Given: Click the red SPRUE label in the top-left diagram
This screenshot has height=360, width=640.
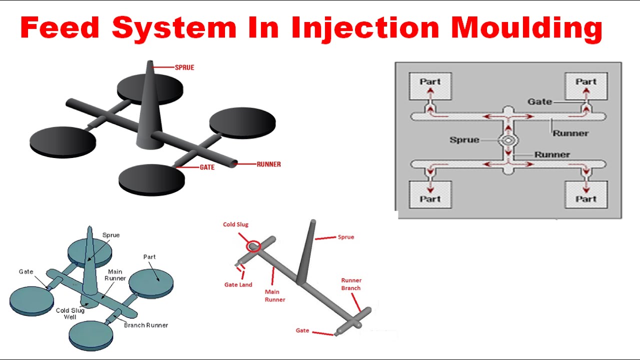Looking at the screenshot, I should click(184, 67).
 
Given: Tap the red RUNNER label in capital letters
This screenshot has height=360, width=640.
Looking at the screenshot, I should click(268, 164).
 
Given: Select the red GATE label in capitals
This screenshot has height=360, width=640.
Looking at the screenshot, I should click(207, 167).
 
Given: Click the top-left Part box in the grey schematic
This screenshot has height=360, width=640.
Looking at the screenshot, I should click(430, 85).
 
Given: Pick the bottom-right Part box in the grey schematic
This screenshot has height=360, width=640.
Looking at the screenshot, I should click(586, 194).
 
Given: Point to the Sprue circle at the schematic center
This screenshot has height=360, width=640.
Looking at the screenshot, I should click(508, 140).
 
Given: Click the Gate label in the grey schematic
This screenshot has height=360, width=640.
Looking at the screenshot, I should click(539, 101).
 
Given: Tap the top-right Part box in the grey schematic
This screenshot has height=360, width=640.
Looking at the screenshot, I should click(586, 85).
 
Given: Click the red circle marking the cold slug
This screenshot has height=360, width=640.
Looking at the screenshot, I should click(253, 246).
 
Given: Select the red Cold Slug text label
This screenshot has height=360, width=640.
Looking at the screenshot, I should click(235, 225).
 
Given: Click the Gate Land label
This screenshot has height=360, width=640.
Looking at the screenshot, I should click(238, 285).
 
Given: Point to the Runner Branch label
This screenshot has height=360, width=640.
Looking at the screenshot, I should click(351, 284).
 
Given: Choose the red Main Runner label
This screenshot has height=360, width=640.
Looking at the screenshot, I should click(274, 295).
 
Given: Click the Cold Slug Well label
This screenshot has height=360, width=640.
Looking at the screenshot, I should click(70, 313).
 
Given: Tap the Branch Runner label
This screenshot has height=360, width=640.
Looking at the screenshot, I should click(146, 325).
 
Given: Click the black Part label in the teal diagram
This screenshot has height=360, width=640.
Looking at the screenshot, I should click(149, 257).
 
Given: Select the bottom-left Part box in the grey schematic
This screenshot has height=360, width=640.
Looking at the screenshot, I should click(430, 194).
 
